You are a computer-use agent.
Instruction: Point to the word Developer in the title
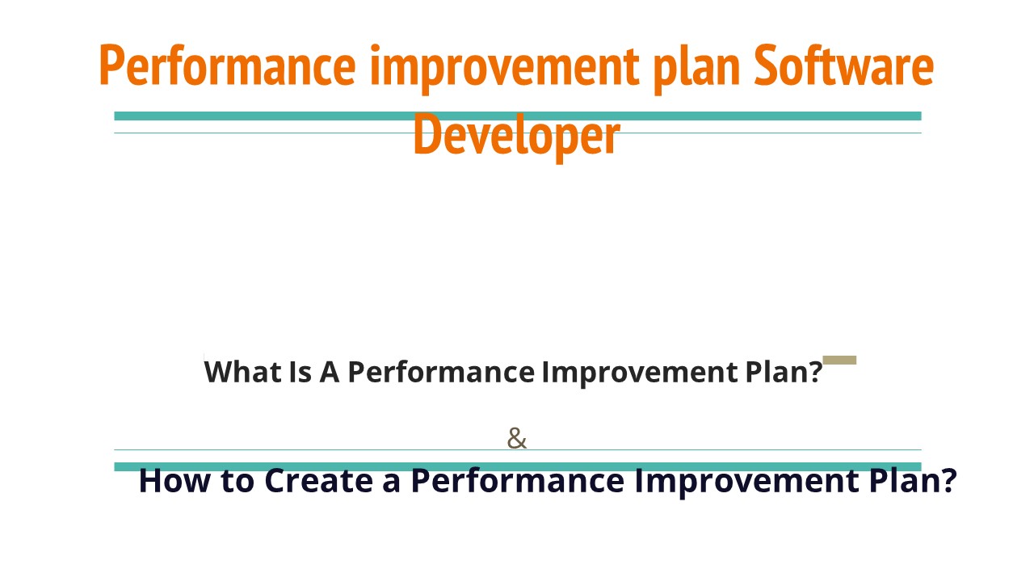pos(516,135)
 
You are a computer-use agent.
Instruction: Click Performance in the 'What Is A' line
pos(440,372)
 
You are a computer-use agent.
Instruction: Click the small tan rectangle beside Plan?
pos(839,361)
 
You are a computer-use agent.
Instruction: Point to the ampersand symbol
pos(516,439)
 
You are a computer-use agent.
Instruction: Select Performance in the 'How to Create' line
pos(517,480)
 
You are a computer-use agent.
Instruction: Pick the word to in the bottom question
pos(237,480)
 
